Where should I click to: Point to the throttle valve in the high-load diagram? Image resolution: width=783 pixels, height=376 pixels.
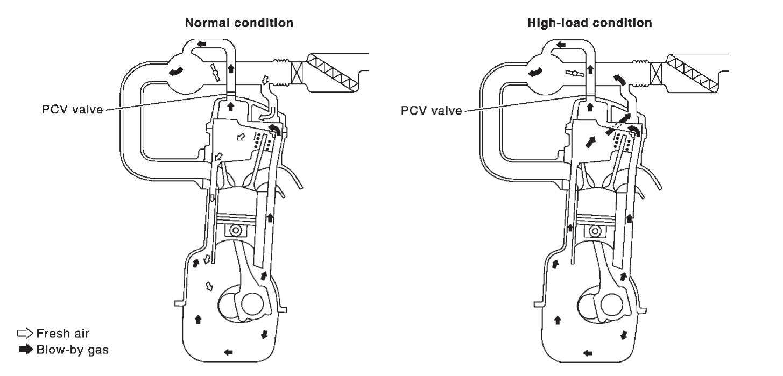(574, 74)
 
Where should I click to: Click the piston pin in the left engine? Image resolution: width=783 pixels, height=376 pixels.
(235, 230)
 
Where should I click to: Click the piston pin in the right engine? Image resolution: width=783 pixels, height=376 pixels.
(595, 230)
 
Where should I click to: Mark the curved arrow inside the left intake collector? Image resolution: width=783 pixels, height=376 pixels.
(177, 72)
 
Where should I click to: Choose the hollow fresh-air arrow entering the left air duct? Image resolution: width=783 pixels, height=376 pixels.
(263, 81)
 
